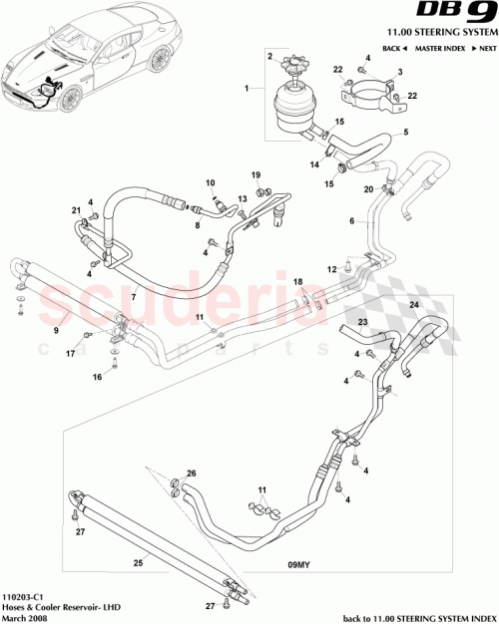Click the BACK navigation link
click(394, 48)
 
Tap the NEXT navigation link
click(486, 48)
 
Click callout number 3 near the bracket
click(400, 74)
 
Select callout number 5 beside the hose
click(405, 133)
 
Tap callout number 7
click(133, 297)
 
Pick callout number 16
click(97, 378)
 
